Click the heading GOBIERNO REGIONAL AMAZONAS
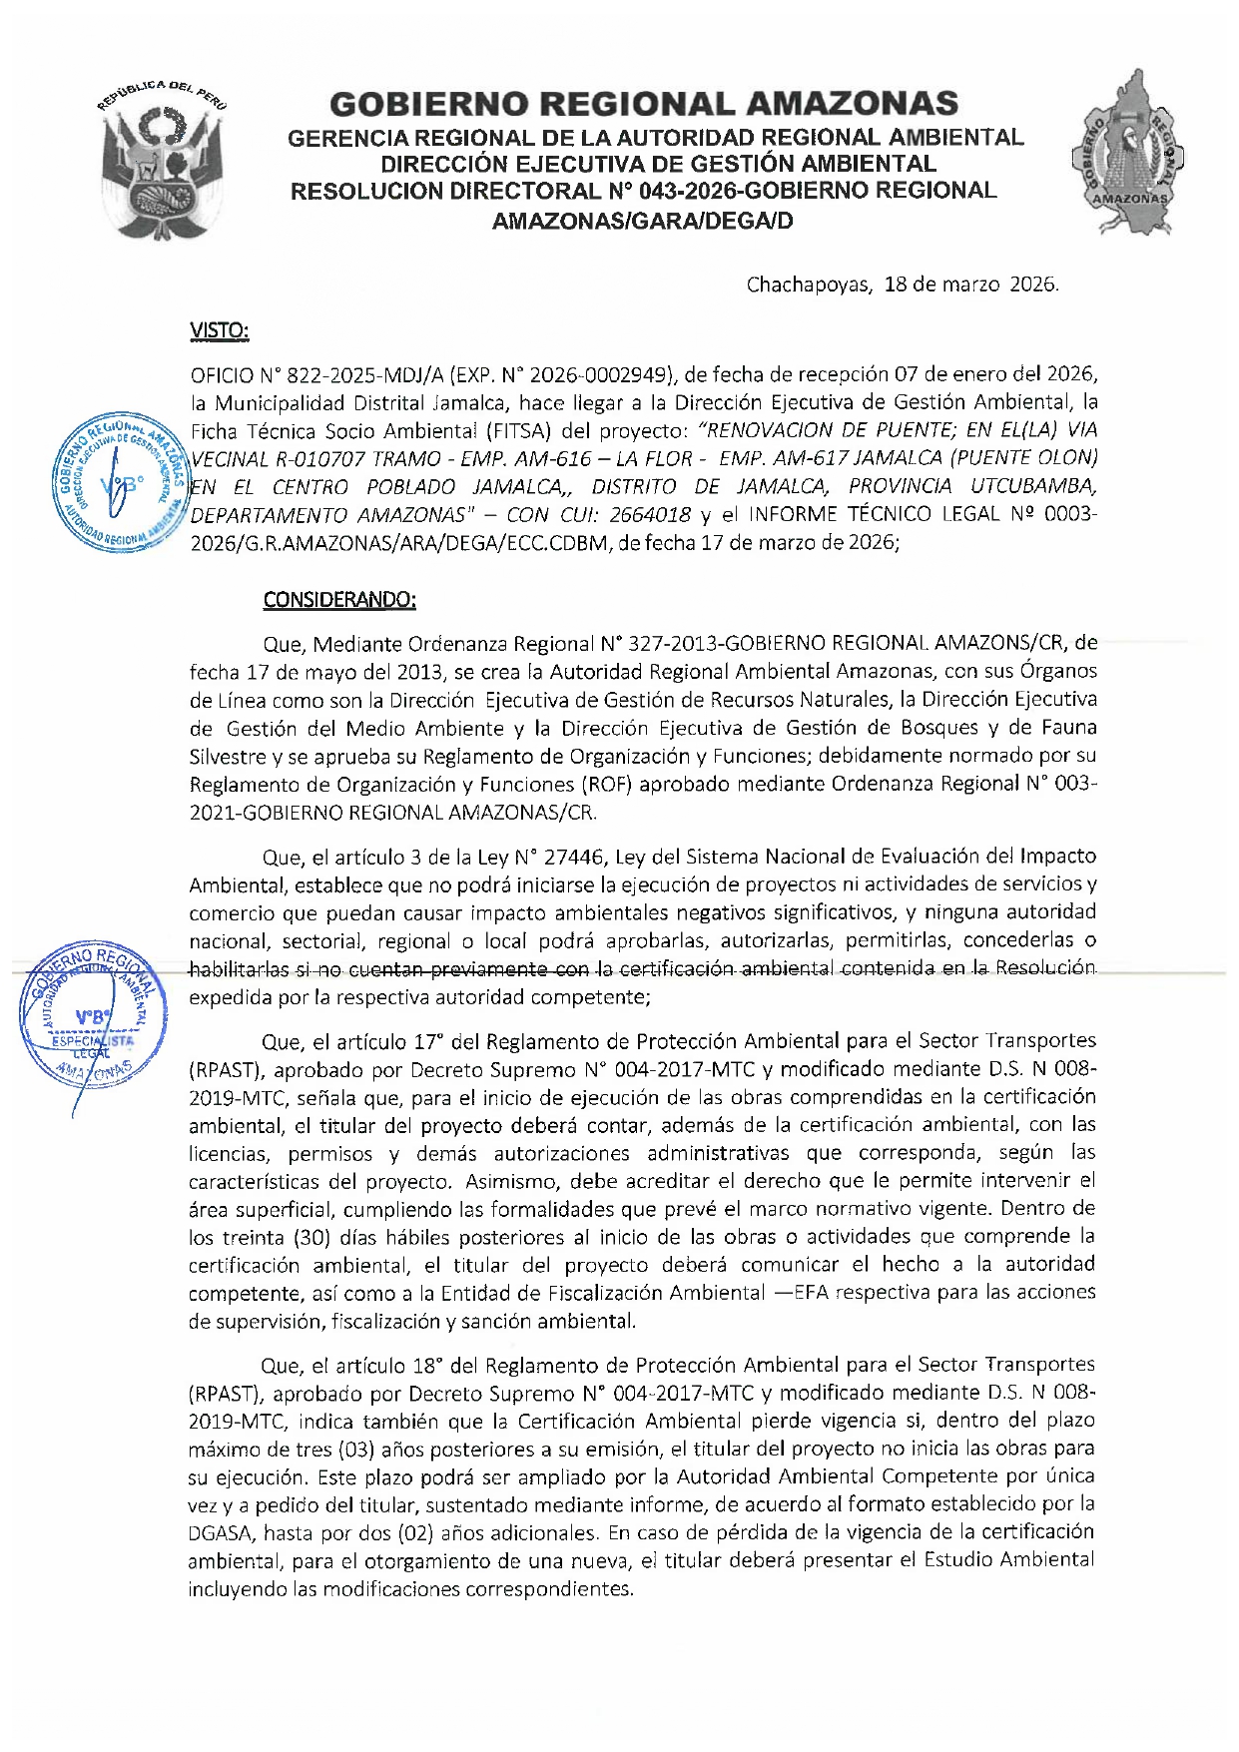coord(644,104)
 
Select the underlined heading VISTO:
coord(219,330)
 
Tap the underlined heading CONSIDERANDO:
coord(339,599)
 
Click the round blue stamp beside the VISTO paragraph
coord(119,482)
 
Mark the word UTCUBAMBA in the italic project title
coord(1033,487)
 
